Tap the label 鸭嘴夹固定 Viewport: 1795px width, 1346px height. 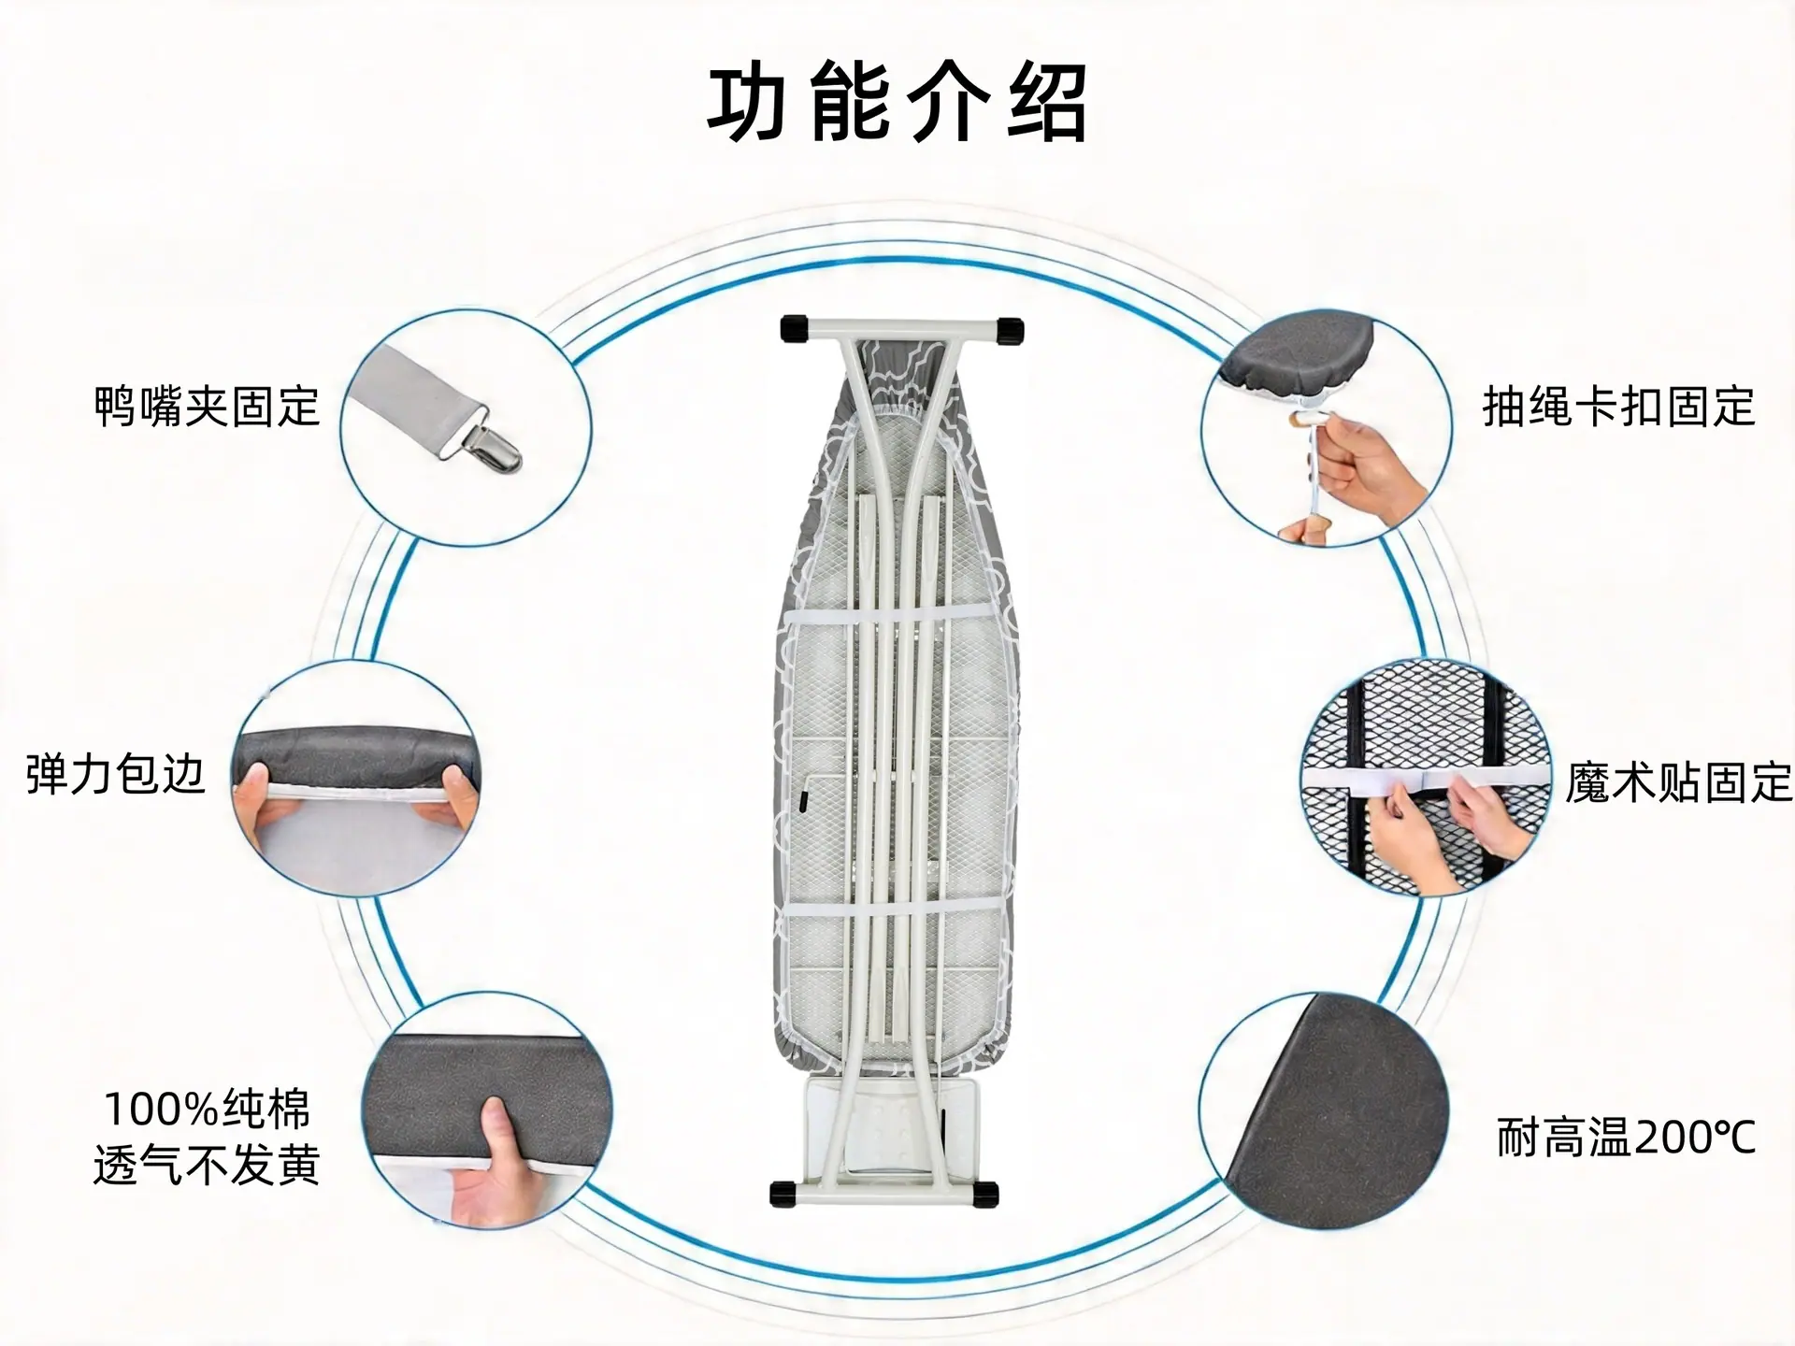208,407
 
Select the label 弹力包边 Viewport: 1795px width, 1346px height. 115,775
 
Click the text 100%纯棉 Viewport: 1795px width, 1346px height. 207,1110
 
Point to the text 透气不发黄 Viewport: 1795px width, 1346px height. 207,1165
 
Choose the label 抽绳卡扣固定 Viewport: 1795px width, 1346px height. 1619,407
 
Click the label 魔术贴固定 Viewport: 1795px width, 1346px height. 1679,781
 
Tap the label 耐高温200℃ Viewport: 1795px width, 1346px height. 1626,1138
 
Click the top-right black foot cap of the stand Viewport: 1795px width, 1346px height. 1011,330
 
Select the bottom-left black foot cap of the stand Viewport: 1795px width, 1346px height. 783,1194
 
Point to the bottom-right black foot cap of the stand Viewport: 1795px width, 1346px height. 984,1194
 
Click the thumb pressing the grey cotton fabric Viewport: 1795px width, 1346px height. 495,1129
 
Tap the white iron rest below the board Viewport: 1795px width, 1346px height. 888,1131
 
